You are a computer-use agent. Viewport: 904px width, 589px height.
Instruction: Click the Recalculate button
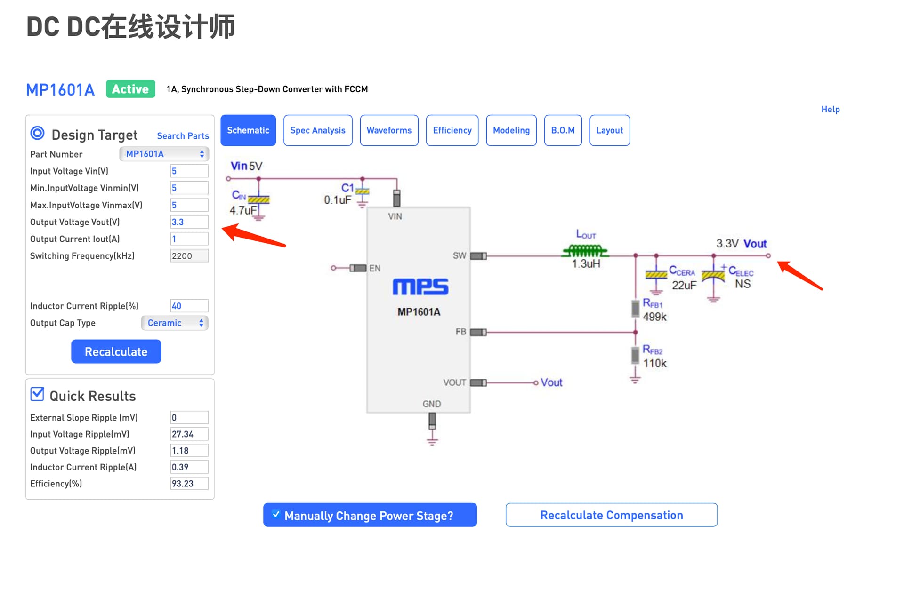116,351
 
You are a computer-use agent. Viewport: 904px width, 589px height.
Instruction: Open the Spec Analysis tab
318,130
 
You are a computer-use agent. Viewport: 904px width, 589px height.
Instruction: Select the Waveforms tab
389,130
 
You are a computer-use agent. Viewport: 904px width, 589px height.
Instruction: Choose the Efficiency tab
452,130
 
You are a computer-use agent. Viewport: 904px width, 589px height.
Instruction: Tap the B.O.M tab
563,130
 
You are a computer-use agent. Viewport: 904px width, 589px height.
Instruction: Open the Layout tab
609,130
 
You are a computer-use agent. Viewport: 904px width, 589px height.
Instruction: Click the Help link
830,109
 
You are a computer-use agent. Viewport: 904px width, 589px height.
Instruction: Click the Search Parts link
183,136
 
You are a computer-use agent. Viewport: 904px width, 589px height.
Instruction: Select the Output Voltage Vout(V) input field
189,222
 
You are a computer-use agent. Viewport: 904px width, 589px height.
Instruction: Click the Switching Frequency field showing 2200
189,256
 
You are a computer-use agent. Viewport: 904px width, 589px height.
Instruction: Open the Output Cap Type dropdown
175,323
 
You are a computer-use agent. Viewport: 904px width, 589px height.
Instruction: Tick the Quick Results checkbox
37,394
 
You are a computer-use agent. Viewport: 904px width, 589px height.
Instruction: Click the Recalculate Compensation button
611,515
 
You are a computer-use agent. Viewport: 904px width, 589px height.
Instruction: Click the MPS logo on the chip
420,287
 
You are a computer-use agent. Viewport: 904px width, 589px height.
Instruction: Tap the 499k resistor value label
654,317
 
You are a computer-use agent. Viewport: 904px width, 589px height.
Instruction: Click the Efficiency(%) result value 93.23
189,484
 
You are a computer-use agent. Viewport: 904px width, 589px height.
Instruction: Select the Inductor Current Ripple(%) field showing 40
189,306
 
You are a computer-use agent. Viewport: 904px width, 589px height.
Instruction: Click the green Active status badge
130,89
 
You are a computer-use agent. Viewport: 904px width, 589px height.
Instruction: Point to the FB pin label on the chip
460,332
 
